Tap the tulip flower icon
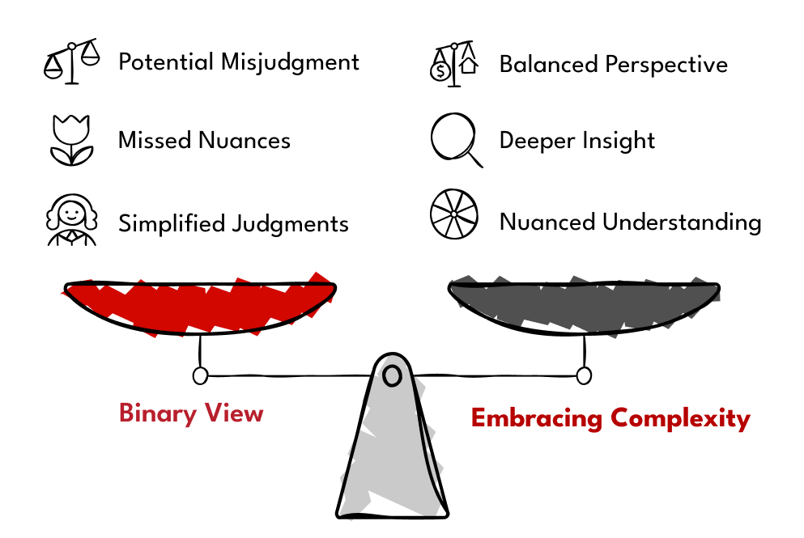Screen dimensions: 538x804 70,140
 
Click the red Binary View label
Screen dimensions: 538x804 191,413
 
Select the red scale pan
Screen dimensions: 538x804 199,306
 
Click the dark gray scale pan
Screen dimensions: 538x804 584,306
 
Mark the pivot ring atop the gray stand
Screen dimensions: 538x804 393,375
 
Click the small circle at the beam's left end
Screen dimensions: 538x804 200,375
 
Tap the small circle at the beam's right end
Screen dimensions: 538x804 583,375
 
